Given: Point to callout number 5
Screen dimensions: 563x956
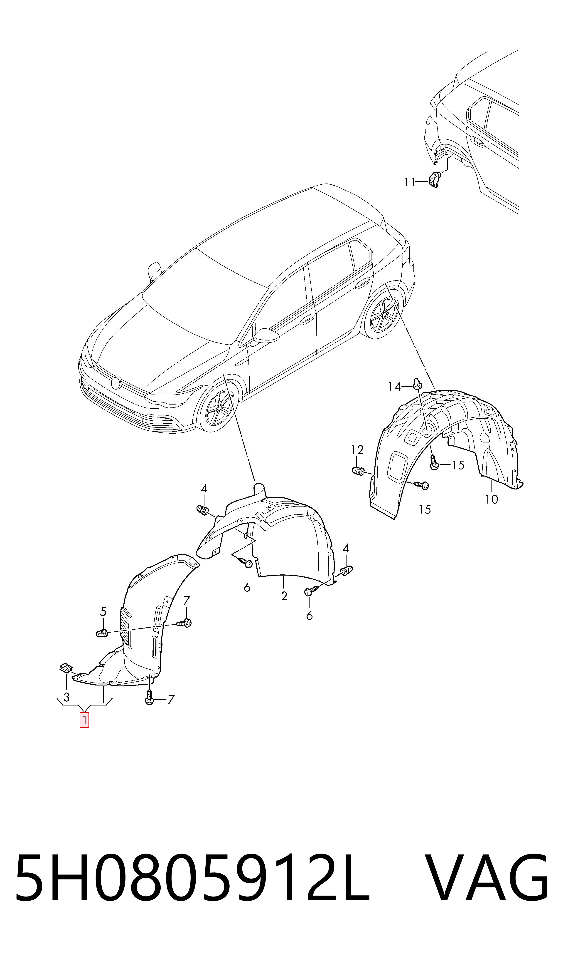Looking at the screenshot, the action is pyautogui.click(x=103, y=612).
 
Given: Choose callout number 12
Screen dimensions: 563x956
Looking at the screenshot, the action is pyautogui.click(x=357, y=450).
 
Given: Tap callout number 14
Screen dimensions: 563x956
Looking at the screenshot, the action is pyautogui.click(x=395, y=387).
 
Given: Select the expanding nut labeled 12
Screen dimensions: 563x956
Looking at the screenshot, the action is pyautogui.click(x=358, y=472).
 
